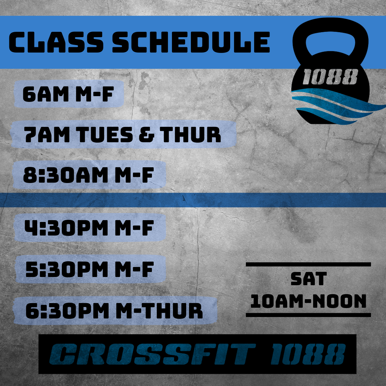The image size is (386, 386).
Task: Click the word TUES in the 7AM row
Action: (x=105, y=134)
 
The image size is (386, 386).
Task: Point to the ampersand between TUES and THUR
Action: (x=147, y=134)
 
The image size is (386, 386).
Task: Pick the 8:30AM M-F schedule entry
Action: (x=88, y=175)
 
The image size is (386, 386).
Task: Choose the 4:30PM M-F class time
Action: (x=89, y=228)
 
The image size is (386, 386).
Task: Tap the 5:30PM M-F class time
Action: (x=90, y=269)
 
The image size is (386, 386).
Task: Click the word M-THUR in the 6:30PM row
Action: (x=159, y=311)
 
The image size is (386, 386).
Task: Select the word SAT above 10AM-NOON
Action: (x=308, y=279)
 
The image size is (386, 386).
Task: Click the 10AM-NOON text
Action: (x=308, y=301)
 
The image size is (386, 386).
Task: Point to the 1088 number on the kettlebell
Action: (x=330, y=77)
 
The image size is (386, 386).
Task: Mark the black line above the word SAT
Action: (x=308, y=264)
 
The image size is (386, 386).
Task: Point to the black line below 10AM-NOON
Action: (x=308, y=315)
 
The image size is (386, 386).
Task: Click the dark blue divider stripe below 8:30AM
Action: (x=193, y=200)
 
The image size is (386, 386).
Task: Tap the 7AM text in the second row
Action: (x=47, y=134)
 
